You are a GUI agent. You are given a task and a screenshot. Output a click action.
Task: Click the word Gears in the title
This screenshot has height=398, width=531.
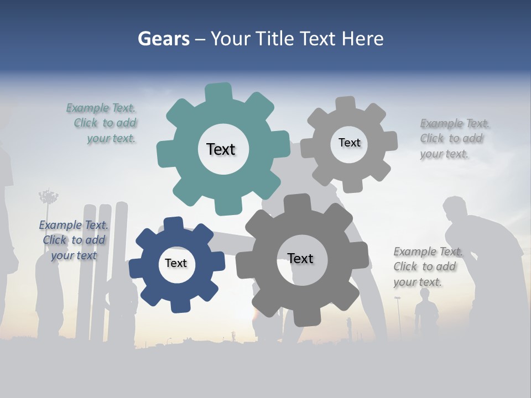point(163,39)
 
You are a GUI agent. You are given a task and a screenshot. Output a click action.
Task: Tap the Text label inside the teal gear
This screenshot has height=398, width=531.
point(221,149)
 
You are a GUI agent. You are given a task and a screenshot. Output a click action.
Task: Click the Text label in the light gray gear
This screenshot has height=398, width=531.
point(349,143)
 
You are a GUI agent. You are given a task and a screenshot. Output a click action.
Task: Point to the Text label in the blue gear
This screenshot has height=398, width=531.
point(176,263)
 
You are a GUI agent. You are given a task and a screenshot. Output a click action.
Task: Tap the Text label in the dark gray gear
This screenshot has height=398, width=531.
point(300,258)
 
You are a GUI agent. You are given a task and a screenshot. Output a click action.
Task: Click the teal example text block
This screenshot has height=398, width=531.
point(102,123)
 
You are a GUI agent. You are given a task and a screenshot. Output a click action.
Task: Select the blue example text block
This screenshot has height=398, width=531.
point(74,240)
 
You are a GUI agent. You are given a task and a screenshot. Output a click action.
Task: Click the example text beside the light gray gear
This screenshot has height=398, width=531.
point(454,138)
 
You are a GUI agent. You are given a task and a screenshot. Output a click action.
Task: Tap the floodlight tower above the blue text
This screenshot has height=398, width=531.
point(49,197)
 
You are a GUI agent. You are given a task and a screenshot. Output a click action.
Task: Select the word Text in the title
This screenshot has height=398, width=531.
point(318,39)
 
